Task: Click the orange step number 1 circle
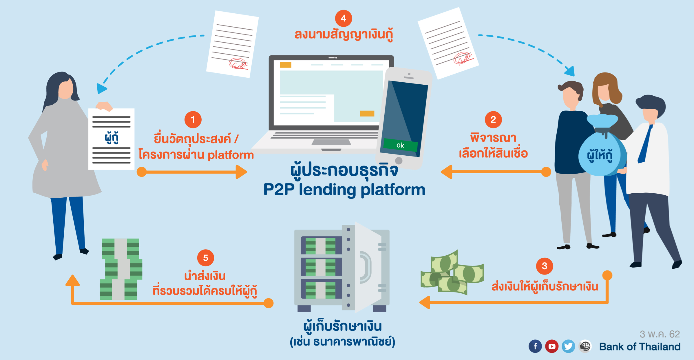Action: click(x=193, y=120)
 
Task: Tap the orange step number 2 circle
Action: click(x=493, y=119)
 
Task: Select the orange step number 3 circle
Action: click(x=544, y=266)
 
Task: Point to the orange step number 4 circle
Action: click(x=343, y=19)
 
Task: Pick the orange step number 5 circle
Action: click(x=205, y=258)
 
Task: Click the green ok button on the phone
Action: click(x=400, y=145)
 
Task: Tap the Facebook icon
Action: click(x=535, y=346)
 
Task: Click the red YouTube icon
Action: click(x=551, y=346)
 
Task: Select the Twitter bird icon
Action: click(x=568, y=346)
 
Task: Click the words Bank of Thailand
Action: click(x=640, y=347)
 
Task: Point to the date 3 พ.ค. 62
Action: click(x=660, y=334)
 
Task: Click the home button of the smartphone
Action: click(x=399, y=160)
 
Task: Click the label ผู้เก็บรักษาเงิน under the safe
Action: click(x=342, y=326)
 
